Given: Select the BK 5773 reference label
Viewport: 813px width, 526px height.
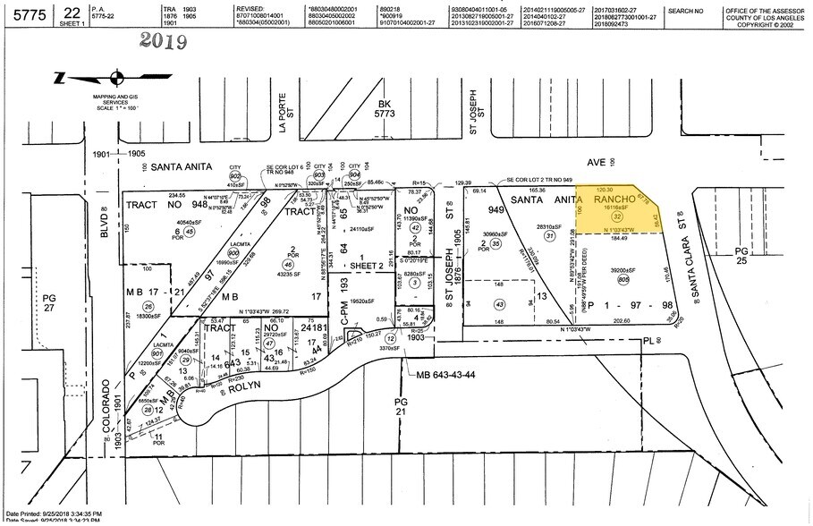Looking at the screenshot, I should pos(385,110).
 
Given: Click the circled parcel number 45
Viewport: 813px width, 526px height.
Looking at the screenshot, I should pos(189,232).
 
